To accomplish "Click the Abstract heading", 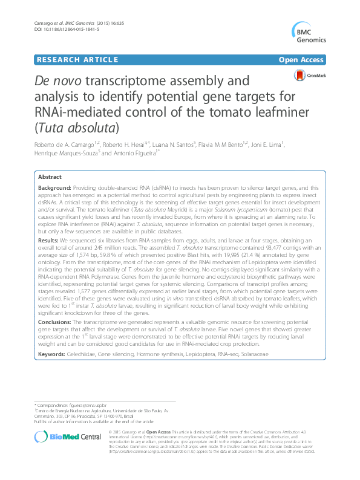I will point(50,177).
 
